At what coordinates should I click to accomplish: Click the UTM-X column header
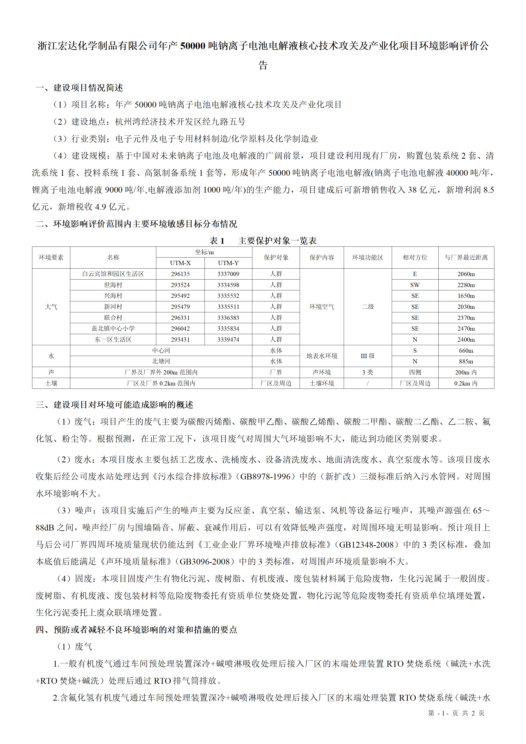tap(180, 263)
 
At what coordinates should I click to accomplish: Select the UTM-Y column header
tap(228, 263)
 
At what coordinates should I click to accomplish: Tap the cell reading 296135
tap(180, 274)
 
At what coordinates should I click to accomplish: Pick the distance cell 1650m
tap(466, 295)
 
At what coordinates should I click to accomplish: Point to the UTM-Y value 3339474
tap(228, 339)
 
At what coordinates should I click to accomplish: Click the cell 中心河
tap(161, 350)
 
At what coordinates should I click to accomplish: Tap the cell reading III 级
tap(368, 356)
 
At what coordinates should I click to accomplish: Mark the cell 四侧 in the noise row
tap(415, 372)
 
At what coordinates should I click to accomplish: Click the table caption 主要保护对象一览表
tap(277, 240)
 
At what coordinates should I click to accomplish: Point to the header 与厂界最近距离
tap(466, 257)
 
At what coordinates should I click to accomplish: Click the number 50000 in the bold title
tap(193, 46)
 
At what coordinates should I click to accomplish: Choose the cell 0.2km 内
tap(466, 383)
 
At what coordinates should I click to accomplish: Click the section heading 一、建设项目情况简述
tap(79, 87)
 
